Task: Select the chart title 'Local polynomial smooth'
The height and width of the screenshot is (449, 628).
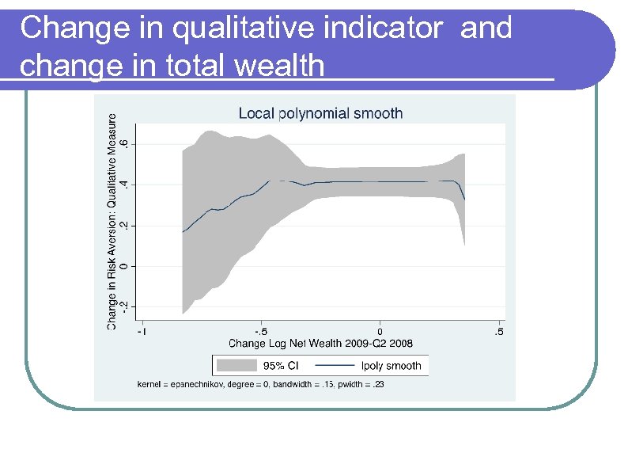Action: (x=320, y=113)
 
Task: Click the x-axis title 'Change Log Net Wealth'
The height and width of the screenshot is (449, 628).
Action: (x=320, y=344)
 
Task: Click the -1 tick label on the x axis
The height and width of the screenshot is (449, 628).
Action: (x=142, y=331)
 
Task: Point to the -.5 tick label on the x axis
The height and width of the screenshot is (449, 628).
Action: (x=260, y=331)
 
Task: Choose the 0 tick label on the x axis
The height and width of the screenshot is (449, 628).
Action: (x=380, y=331)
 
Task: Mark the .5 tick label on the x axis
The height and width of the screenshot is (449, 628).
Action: (x=499, y=331)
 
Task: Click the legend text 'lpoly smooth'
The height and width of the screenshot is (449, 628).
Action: (x=391, y=366)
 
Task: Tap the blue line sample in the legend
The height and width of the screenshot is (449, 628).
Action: (x=334, y=366)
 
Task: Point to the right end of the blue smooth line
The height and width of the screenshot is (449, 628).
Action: (x=464, y=199)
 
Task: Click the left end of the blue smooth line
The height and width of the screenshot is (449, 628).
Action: (x=183, y=232)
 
